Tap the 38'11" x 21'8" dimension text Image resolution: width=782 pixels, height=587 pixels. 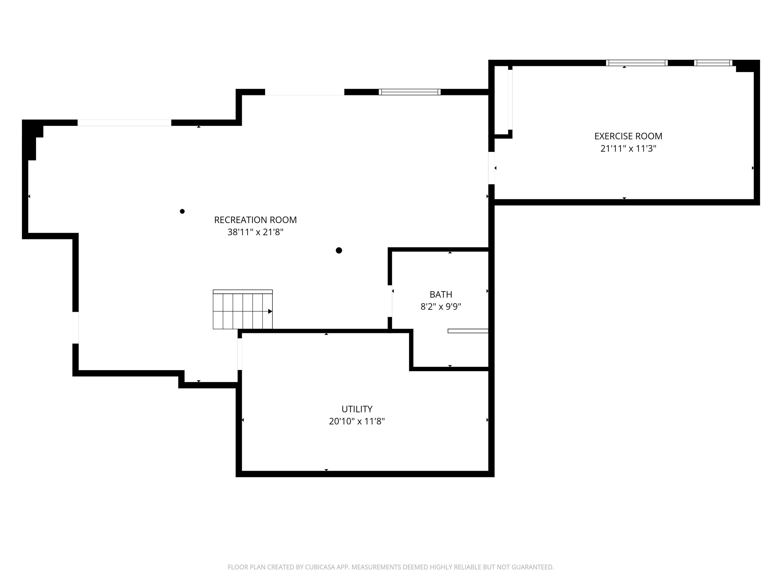255,232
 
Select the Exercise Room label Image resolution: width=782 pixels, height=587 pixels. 628,136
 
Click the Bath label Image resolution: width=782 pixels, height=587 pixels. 441,294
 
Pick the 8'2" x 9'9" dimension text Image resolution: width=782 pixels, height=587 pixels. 441,307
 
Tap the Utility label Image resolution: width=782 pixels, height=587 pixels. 357,409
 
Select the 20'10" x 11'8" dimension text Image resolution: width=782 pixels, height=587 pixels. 357,421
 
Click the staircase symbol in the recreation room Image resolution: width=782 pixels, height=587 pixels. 242,310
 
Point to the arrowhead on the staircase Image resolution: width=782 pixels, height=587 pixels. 270,311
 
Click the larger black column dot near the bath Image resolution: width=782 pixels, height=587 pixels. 339,250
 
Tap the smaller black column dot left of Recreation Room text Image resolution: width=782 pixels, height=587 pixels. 182,211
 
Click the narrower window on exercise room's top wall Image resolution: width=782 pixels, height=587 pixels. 713,63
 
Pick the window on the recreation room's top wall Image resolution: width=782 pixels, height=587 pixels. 410,92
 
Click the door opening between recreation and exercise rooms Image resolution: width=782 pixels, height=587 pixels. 491,168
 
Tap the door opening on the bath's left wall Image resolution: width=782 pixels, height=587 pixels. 390,301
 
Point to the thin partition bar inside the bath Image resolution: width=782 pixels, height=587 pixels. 468,331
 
